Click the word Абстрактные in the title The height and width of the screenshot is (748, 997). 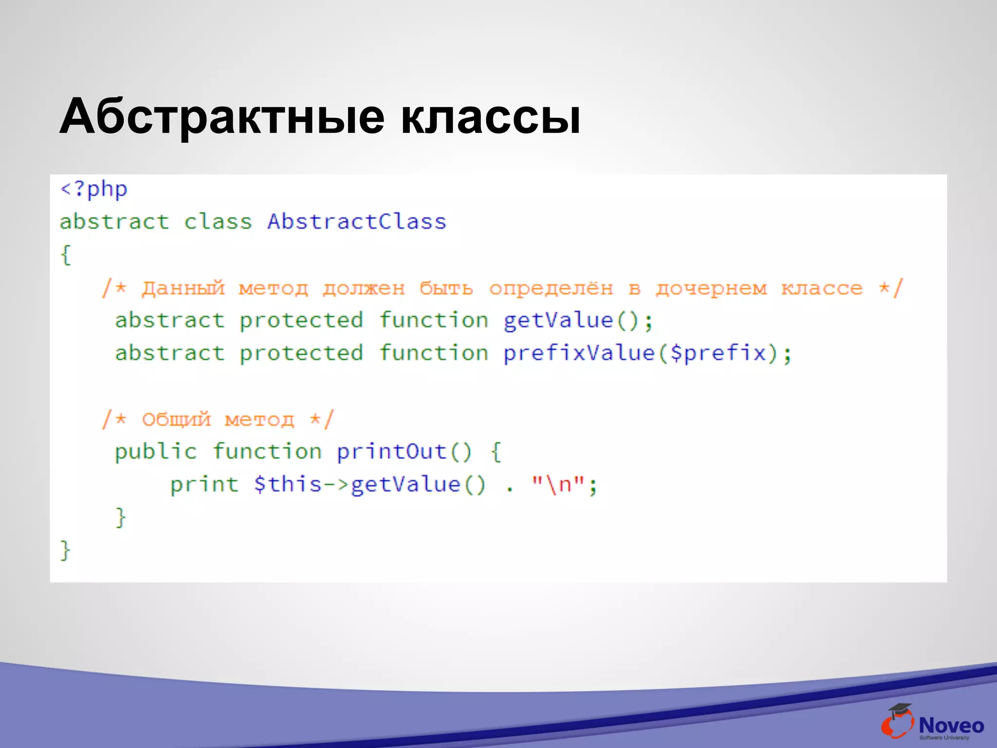tap(222, 117)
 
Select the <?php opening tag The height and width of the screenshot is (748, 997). tap(93, 189)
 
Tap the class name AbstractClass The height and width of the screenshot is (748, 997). tap(356, 222)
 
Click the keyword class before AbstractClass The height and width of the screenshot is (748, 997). tap(218, 222)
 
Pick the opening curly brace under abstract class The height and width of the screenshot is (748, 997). tap(66, 255)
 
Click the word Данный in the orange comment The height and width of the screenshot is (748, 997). tap(183, 288)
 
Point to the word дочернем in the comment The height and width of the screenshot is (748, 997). tap(711, 288)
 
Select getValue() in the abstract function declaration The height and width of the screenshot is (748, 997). tap(570, 321)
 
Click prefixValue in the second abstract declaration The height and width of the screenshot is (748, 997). tap(579, 353)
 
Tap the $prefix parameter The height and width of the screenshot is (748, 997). tap(718, 353)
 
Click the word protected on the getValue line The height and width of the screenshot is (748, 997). tap(301, 321)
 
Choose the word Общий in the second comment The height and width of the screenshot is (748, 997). tap(176, 419)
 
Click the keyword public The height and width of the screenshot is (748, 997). tap(155, 451)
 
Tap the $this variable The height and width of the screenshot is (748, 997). tap(287, 485)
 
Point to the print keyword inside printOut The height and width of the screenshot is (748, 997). tap(204, 485)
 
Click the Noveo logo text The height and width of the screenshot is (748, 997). tap(951, 726)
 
